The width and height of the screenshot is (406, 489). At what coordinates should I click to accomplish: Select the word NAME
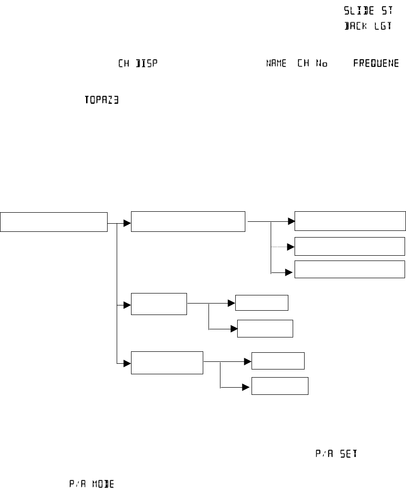click(x=276, y=64)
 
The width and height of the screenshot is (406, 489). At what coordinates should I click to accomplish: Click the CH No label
click(x=312, y=64)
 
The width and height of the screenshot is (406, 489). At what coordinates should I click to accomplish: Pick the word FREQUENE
click(x=375, y=64)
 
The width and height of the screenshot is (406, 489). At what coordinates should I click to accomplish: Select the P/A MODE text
click(x=92, y=484)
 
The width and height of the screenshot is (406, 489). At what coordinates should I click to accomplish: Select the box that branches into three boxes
click(x=188, y=221)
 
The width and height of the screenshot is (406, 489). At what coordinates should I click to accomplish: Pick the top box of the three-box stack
click(x=350, y=221)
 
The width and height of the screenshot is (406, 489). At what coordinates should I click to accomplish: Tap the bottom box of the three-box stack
click(x=350, y=270)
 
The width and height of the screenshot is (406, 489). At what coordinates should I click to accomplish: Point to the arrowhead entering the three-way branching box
click(x=128, y=223)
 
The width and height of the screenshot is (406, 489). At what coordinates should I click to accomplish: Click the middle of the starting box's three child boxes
click(x=159, y=304)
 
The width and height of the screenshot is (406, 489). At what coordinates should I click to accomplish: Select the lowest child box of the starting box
click(x=167, y=363)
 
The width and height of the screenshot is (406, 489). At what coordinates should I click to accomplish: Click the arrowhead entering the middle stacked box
click(x=291, y=247)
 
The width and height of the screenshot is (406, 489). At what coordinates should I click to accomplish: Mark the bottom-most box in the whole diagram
click(x=280, y=385)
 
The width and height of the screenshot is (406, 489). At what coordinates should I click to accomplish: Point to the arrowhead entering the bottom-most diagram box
click(x=249, y=387)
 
